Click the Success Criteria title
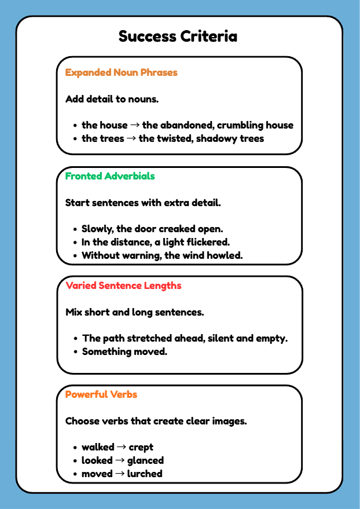178,36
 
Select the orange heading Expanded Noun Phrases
121,73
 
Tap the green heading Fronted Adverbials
110,176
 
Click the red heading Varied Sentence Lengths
123,285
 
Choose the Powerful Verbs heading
101,394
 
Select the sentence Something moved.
124,351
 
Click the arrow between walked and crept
122,448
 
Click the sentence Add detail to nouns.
112,99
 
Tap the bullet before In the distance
75,243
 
